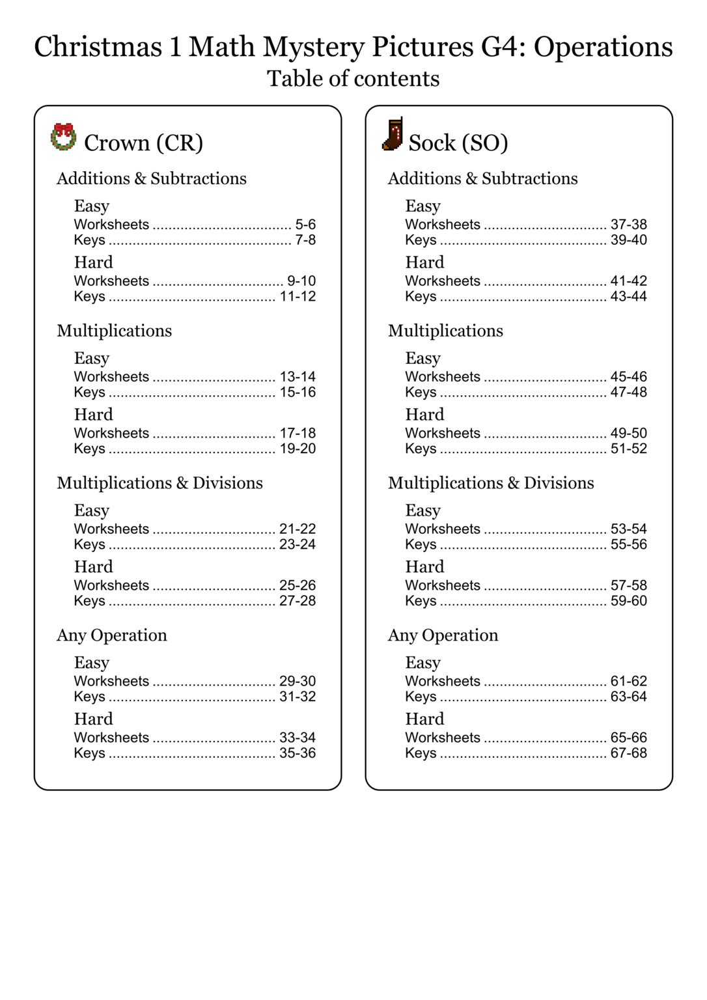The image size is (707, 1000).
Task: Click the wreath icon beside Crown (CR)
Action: click(x=63, y=137)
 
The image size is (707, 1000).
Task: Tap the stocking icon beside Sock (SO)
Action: click(x=393, y=135)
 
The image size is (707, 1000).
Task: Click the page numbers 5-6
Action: click(x=305, y=225)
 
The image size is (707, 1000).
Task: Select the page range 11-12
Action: click(x=298, y=297)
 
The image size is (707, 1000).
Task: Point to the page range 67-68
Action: click(x=628, y=753)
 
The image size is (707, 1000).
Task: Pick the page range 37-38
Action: click(x=628, y=225)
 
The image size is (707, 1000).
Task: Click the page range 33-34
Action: click(x=298, y=738)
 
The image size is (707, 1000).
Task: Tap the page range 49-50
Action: click(x=628, y=434)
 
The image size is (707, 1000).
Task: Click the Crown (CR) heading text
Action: click(x=143, y=143)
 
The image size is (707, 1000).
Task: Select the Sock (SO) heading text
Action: click(x=458, y=143)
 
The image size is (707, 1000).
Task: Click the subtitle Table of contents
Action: click(x=353, y=79)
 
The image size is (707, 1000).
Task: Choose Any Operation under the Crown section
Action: click(x=112, y=635)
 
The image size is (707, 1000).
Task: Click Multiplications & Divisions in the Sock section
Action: click(x=491, y=483)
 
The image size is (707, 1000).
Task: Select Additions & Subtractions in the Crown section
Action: click(x=152, y=178)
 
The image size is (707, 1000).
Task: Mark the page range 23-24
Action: click(x=298, y=545)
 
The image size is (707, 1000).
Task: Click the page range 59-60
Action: click(x=628, y=601)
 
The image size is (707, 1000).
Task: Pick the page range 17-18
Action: click(x=298, y=434)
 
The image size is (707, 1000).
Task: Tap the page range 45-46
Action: click(x=628, y=377)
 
